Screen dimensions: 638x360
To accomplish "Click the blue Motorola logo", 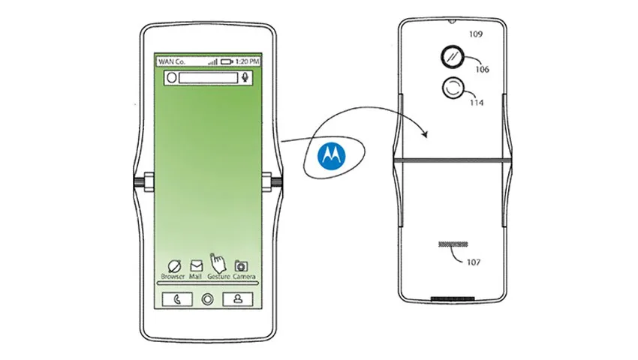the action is pos(332,155).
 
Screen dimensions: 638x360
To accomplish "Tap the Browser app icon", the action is pos(175,266).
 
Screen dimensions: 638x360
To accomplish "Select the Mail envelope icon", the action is pos(196,266).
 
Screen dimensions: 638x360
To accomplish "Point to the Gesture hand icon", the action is pos(218,263).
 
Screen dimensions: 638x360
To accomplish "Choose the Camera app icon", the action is pos(241,266).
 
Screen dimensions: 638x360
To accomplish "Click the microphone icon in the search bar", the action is pos(245,77).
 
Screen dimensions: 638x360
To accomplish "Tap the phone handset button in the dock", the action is pos(177,300).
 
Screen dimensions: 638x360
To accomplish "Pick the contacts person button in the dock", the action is pos(238,299).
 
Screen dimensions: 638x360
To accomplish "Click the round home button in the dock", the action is pos(207,300).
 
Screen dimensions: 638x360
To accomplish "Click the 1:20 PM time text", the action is pos(248,61).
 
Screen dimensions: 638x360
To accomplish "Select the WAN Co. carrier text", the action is pos(172,61).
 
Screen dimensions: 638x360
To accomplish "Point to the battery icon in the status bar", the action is pos(227,61).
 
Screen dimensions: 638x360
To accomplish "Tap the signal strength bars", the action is pos(213,61).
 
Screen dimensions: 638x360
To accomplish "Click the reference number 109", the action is pos(476,34).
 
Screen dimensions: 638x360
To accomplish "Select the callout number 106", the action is pos(482,70).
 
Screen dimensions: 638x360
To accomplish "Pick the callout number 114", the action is pos(477,103).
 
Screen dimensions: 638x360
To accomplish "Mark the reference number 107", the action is pos(474,262).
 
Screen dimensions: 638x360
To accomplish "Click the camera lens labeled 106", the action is pos(452,56).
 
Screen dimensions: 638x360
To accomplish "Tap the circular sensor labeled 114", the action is pos(453,88).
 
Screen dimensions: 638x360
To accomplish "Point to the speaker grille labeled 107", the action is pos(453,244).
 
